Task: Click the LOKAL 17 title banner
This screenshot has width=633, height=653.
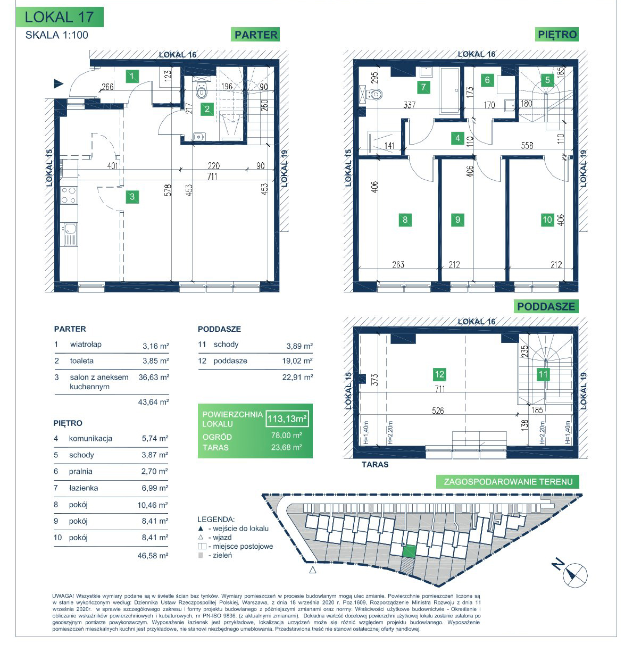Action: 60,17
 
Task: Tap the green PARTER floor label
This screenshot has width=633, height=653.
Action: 255,35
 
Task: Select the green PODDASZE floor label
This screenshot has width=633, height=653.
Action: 546,306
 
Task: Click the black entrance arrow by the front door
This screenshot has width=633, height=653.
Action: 59,84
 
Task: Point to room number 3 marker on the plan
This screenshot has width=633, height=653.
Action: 132,197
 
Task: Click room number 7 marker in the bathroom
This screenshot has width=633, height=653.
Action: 423,87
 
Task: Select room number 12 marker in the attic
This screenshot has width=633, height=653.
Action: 439,374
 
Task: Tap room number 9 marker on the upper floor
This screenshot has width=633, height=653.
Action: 457,220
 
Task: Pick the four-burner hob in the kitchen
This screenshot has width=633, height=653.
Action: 69,196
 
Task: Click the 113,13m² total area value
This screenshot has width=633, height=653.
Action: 287,418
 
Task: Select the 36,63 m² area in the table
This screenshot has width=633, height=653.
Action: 154,377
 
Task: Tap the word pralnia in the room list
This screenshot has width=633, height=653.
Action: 80,472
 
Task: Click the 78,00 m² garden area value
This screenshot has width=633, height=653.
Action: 287,435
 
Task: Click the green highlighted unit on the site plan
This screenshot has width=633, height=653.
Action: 409,551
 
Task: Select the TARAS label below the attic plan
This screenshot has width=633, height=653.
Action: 375,464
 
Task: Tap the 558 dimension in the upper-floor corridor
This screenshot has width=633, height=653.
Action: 527,145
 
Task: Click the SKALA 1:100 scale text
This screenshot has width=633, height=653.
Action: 57,35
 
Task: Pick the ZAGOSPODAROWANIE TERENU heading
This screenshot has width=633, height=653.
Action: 508,482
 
